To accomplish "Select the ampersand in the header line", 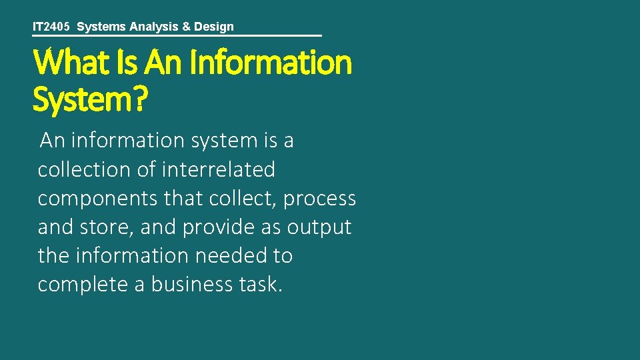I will (183, 27).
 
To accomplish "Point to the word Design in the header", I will (212, 27).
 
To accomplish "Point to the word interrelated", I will (218, 170).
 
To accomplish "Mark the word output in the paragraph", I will (319, 227).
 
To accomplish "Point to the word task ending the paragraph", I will (261, 285).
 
